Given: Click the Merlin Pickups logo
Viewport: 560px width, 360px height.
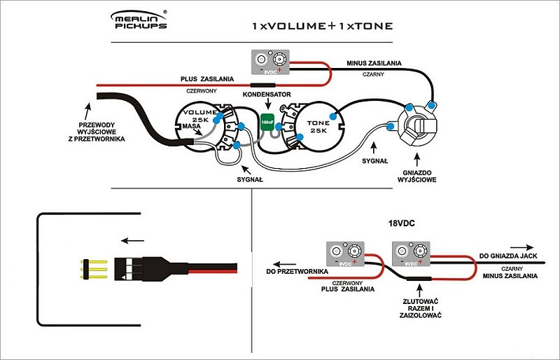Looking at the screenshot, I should coord(140,20).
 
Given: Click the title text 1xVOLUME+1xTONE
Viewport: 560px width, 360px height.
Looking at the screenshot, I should coord(323,26).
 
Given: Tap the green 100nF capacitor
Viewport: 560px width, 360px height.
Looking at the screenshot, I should coord(267,122).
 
